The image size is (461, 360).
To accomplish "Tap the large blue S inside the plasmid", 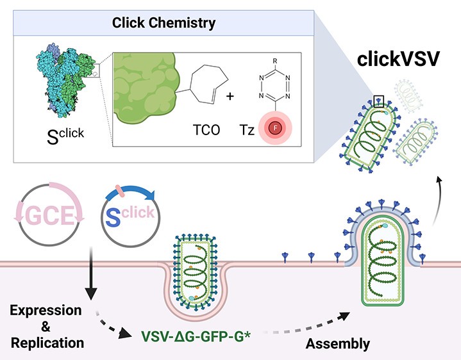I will click(113, 215).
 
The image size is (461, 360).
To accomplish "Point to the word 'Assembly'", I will click(338, 344).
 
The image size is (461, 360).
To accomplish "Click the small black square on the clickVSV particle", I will click(378, 101).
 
